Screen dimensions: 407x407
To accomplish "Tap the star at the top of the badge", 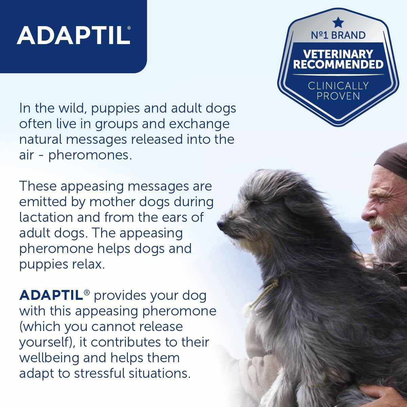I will [x=338, y=23].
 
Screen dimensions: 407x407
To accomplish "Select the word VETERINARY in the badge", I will [x=338, y=54].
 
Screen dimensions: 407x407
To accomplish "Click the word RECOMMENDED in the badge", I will [x=338, y=64].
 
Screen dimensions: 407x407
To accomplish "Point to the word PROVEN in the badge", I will [x=338, y=96].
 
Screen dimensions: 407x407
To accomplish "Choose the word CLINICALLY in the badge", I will [x=338, y=85].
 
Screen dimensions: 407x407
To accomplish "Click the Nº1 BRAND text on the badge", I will [x=338, y=35].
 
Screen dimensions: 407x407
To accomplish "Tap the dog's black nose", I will [x=220, y=225].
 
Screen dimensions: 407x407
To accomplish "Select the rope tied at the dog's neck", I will [x=268, y=292].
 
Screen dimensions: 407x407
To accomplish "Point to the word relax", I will [x=86, y=264].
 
